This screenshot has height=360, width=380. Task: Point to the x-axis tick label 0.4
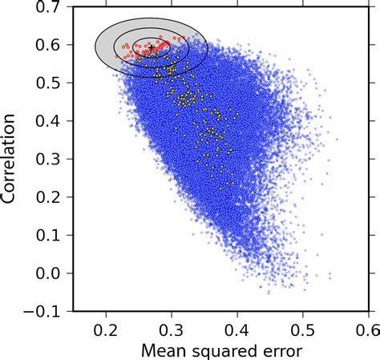[x=237, y=328]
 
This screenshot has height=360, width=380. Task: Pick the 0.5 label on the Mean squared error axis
[x=302, y=328]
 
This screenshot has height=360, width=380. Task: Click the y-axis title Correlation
[x=13, y=160]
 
